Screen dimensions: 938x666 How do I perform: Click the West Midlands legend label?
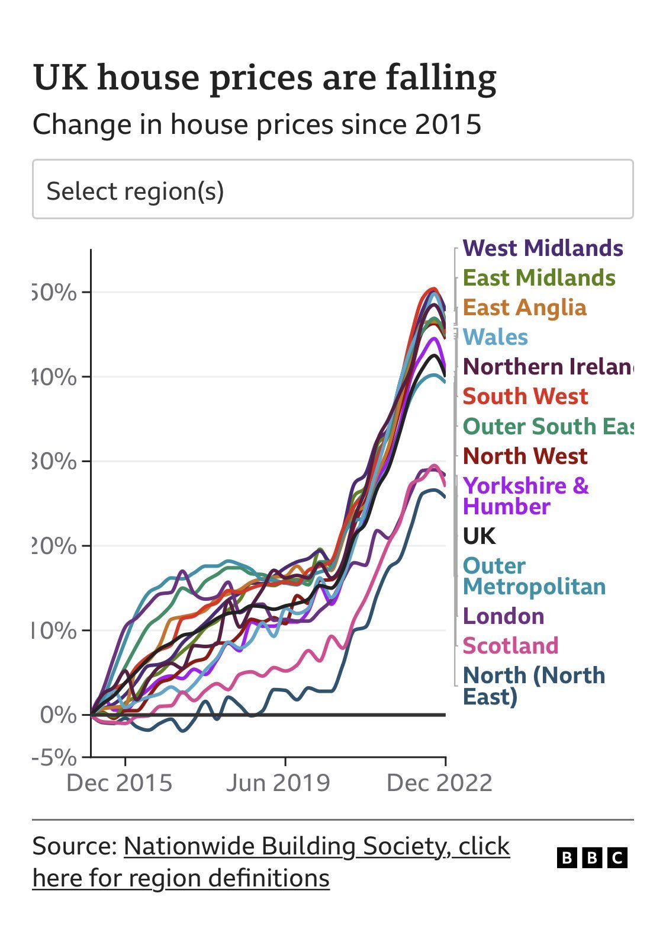pyautogui.click(x=542, y=248)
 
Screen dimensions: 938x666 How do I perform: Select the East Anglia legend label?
pyautogui.click(x=525, y=308)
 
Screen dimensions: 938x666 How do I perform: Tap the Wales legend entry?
pyautogui.click(x=495, y=337)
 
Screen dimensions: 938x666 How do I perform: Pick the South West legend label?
pyautogui.click(x=525, y=396)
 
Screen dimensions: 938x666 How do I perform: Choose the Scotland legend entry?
pyautogui.click(x=510, y=645)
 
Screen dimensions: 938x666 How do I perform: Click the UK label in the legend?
pyautogui.click(x=479, y=536)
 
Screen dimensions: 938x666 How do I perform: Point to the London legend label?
pyautogui.click(x=503, y=616)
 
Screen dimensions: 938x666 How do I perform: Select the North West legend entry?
pyautogui.click(x=525, y=456)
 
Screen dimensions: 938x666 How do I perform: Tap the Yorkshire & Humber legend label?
pyautogui.click(x=525, y=496)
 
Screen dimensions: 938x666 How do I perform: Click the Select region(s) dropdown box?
pyautogui.click(x=333, y=190)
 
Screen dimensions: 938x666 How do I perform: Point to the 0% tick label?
pyautogui.click(x=59, y=715)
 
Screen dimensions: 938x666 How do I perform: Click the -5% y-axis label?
pyautogui.click(x=54, y=757)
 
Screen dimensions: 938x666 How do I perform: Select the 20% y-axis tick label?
pyautogui.click(x=54, y=546)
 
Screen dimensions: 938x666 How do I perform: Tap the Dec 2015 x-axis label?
pyautogui.click(x=119, y=783)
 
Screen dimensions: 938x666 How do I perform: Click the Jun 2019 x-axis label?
pyautogui.click(x=278, y=783)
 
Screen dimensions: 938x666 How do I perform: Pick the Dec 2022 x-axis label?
pyautogui.click(x=439, y=783)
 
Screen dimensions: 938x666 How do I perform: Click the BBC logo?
pyautogui.click(x=592, y=857)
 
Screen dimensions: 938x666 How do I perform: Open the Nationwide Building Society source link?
pyautogui.click(x=316, y=847)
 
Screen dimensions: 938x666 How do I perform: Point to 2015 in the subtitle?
pyautogui.click(x=448, y=125)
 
